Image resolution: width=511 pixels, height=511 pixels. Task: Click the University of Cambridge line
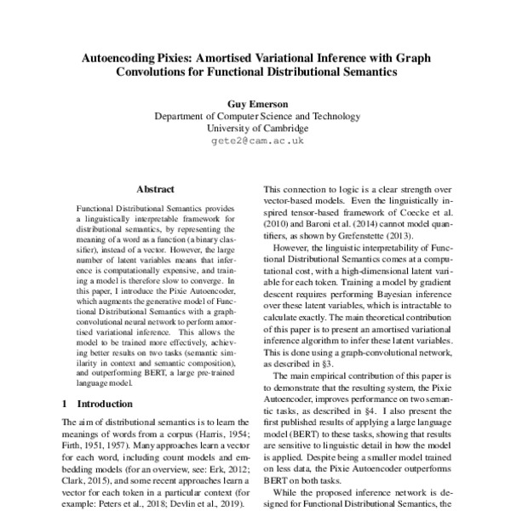coord(256,128)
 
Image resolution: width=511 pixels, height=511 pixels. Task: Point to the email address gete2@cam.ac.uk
coord(256,141)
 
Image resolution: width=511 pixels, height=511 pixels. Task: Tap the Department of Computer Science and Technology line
coord(256,115)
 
